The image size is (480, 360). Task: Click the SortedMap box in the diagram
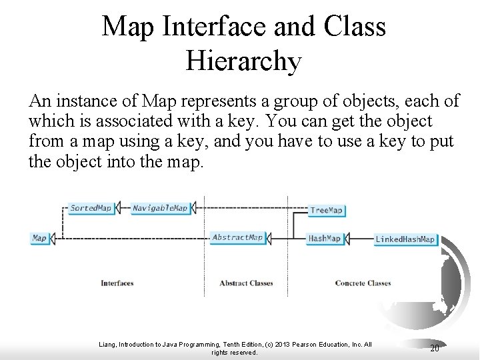(91, 208)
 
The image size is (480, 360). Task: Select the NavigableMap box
(160, 208)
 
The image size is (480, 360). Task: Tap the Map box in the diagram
(40, 238)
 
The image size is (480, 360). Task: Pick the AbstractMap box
(237, 237)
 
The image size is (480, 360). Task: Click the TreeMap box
(327, 210)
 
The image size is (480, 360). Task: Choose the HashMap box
(325, 238)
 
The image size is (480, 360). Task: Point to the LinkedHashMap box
(405, 239)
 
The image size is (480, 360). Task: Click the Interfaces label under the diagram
(117, 283)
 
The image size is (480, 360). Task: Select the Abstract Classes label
(246, 283)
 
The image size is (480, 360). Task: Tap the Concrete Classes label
(363, 283)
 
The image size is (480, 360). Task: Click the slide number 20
(434, 348)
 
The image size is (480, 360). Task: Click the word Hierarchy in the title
(244, 61)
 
